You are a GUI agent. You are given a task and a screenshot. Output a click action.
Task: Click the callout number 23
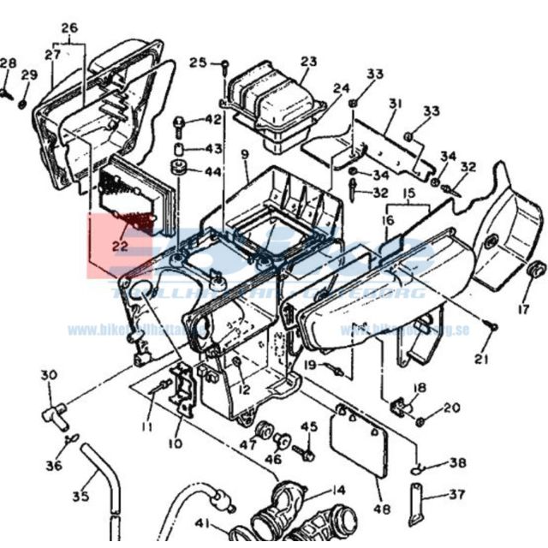coord(308,62)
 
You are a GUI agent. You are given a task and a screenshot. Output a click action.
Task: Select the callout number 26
coord(69,27)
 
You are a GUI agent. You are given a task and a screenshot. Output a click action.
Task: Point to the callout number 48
coord(381,509)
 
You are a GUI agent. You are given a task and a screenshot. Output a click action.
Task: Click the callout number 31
coord(395,104)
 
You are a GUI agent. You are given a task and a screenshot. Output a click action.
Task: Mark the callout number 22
coord(120,245)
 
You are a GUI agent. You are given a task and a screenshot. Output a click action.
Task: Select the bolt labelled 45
coord(299,447)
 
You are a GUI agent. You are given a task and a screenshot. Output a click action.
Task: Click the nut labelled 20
coord(421,421)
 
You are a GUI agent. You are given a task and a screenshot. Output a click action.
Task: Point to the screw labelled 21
coord(491,326)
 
